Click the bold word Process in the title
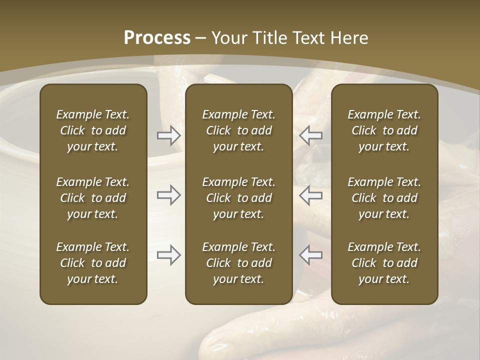pos(157,38)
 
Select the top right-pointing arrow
pos(168,135)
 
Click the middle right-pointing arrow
pos(168,195)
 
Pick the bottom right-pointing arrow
pos(168,255)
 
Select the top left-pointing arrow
pos(311,135)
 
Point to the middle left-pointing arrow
pos(311,195)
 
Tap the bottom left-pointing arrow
pos(311,255)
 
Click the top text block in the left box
pos(93,130)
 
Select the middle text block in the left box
pos(93,198)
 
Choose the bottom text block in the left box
pos(93,263)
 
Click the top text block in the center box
pos(238,130)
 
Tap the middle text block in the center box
pos(238,198)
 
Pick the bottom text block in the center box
pos(238,263)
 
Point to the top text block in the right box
pos(384,130)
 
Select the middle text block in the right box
pos(384,198)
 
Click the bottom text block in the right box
pos(384,263)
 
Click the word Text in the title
pos(309,38)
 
